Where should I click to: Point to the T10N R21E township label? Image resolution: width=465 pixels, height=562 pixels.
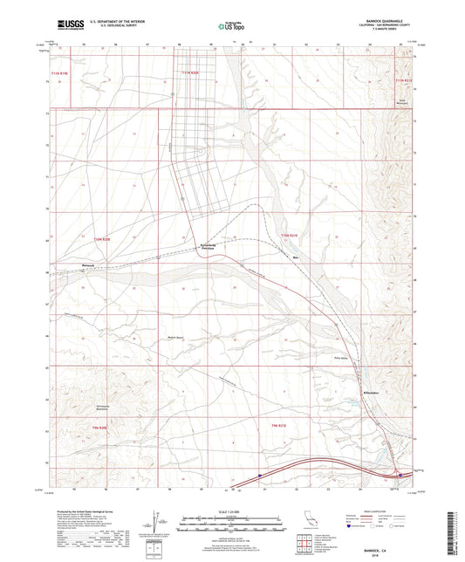pos(290,236)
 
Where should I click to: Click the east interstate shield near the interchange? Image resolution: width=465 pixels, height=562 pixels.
pos(400,476)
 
